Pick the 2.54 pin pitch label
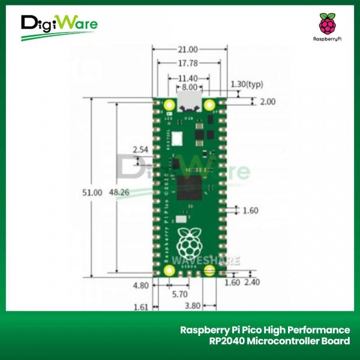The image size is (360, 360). (x=140, y=149)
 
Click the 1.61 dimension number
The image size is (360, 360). (x=140, y=307)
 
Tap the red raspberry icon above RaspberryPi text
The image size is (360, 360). (x=326, y=24)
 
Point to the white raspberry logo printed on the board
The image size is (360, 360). (x=190, y=239)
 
